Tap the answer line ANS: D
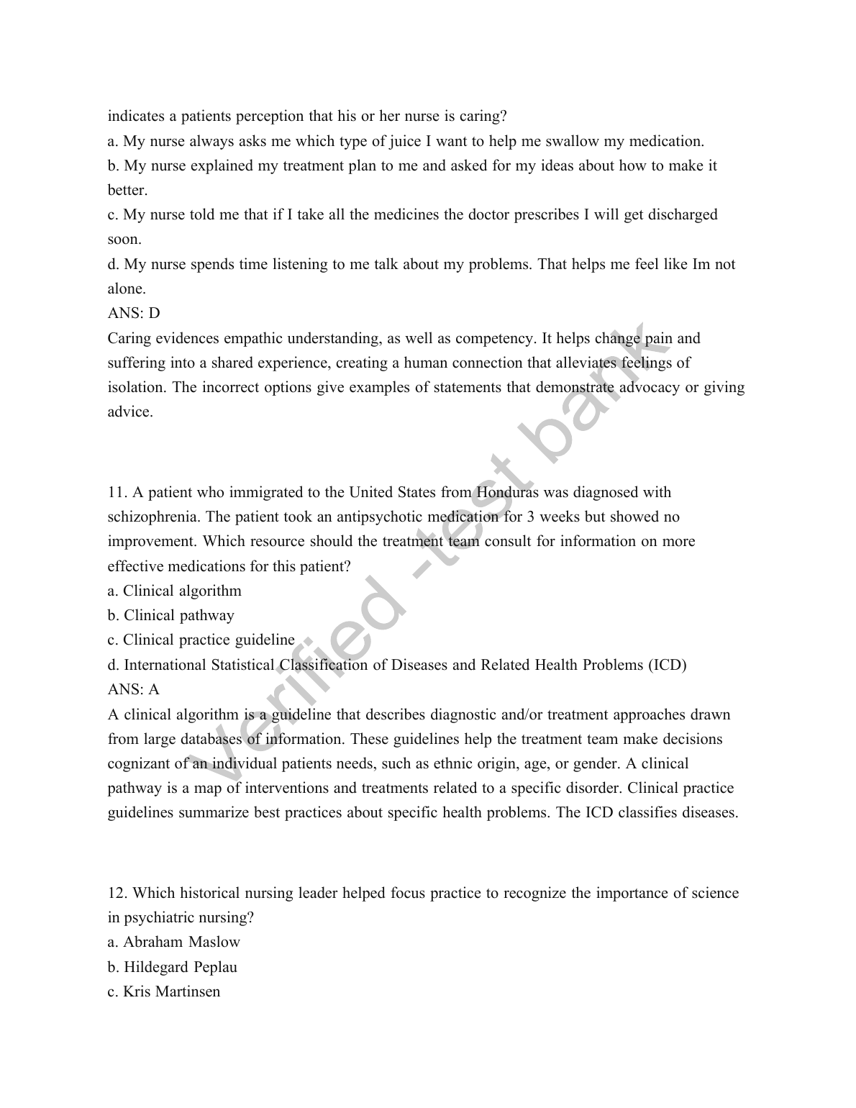point(134,313)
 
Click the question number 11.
point(117,492)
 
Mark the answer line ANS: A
point(134,689)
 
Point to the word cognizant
point(139,763)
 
